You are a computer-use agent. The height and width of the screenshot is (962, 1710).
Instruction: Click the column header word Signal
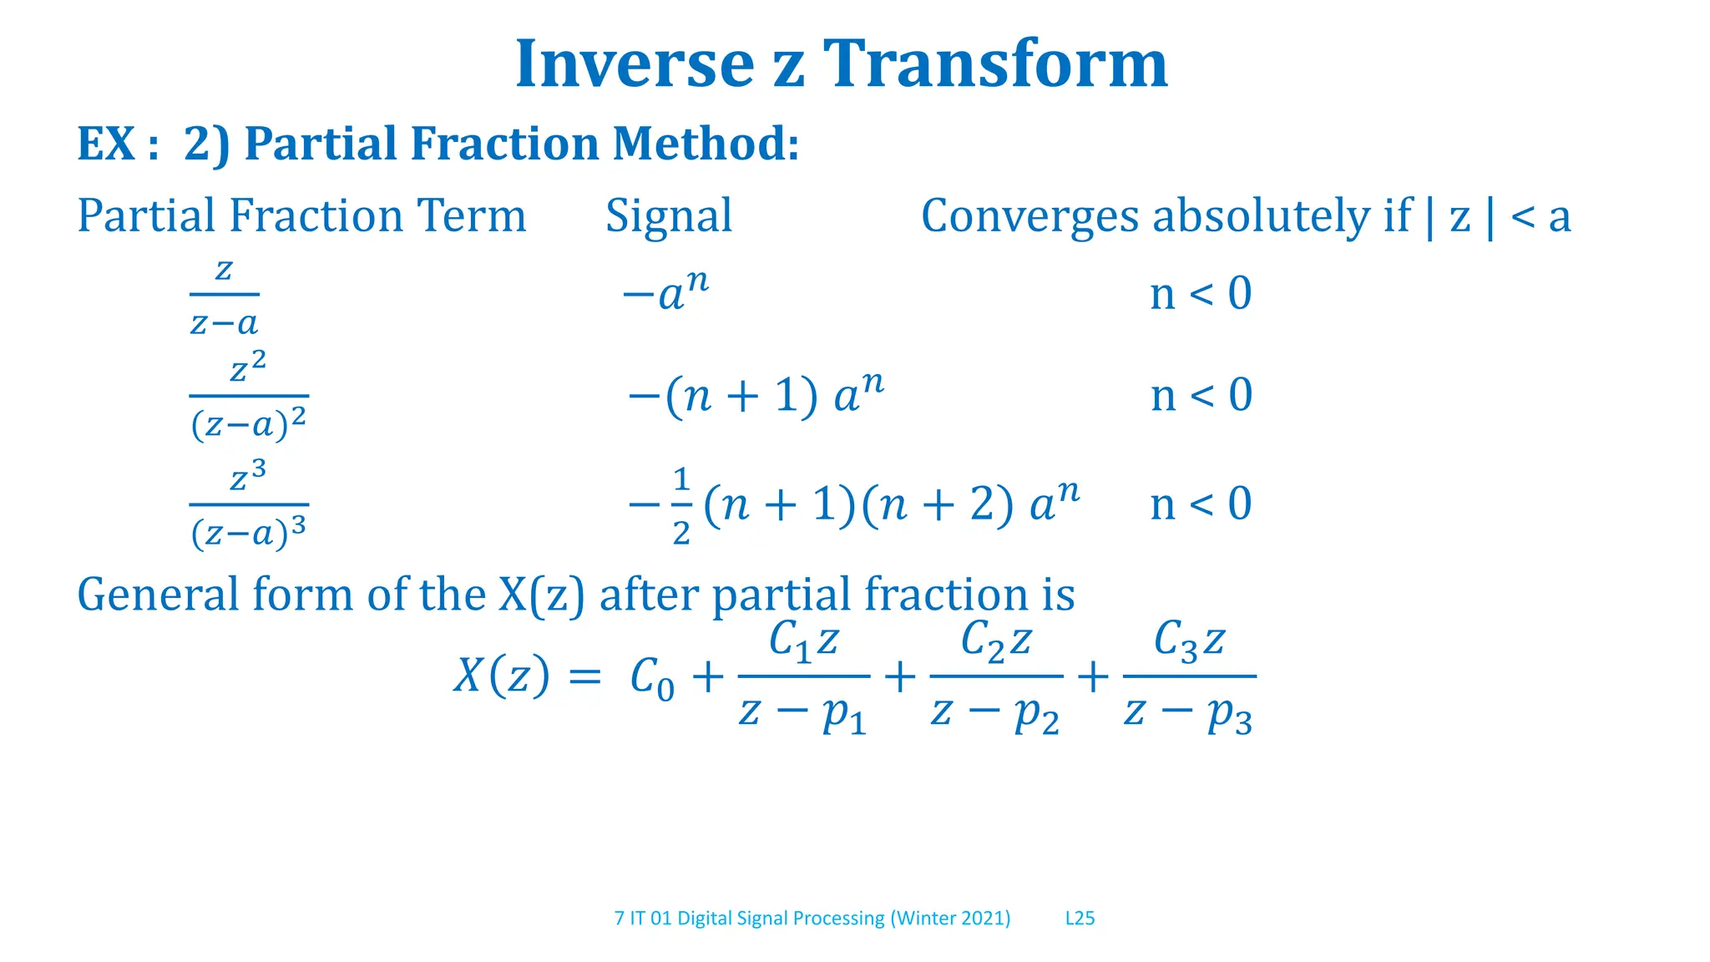pyautogui.click(x=668, y=216)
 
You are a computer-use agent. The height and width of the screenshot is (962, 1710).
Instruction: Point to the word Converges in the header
pyautogui.click(x=1029, y=216)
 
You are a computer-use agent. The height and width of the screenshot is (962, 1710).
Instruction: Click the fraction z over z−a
pyautogui.click(x=224, y=296)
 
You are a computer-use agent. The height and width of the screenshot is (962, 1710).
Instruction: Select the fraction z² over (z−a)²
pyautogui.click(x=248, y=396)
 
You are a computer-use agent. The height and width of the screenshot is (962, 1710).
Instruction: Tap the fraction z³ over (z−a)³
pyautogui.click(x=248, y=504)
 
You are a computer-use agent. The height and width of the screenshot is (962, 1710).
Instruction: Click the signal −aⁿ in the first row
pyautogui.click(x=665, y=292)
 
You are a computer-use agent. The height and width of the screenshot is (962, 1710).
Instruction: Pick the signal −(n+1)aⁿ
pyautogui.click(x=756, y=394)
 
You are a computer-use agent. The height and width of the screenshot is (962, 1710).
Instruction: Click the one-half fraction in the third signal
pyautogui.click(x=681, y=505)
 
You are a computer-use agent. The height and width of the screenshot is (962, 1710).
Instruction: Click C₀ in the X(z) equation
pyautogui.click(x=651, y=678)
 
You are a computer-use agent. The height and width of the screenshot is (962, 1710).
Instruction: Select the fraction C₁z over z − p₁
pyautogui.click(x=803, y=676)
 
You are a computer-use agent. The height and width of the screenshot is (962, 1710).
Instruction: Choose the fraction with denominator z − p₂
pyautogui.click(x=995, y=676)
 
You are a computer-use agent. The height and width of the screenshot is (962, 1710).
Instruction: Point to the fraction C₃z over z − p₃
pyautogui.click(x=1189, y=676)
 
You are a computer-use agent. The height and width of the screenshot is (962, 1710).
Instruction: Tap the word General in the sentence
pyautogui.click(x=158, y=595)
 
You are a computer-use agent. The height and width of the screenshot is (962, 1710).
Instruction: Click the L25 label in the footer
pyautogui.click(x=1080, y=919)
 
